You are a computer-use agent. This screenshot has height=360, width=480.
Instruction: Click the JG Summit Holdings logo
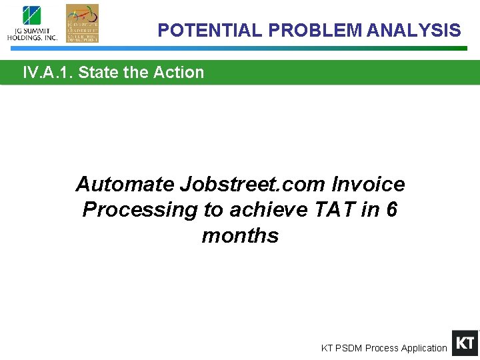32,23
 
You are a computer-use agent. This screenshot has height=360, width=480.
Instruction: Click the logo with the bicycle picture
82,23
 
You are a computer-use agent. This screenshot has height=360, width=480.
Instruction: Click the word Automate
125,184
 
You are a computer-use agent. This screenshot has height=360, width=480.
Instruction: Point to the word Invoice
369,184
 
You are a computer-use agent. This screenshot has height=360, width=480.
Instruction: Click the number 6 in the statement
391,210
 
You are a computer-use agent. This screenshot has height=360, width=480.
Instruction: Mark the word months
240,236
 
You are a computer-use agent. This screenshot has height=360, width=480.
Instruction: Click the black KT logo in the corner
465,343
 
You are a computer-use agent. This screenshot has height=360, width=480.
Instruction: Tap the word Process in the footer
381,348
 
